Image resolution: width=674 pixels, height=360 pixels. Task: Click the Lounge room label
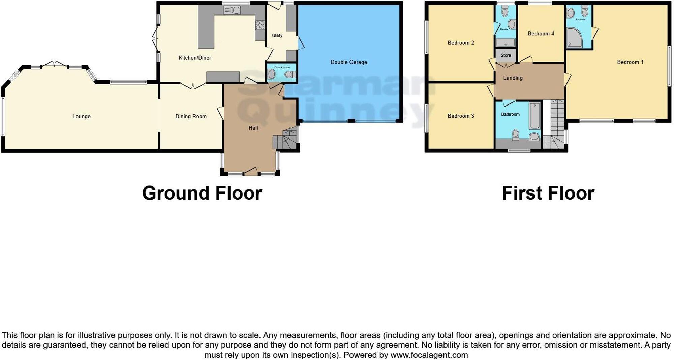[x=81, y=116]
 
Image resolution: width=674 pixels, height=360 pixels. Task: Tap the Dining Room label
[x=191, y=116]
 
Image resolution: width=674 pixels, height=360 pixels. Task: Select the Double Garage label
[x=348, y=62]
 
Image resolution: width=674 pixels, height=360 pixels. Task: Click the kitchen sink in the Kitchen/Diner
[x=232, y=10]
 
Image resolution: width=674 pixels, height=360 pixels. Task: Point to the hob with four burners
[x=260, y=25]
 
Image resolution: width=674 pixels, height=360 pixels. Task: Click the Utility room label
[x=277, y=35]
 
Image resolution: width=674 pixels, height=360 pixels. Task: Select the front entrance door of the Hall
[x=251, y=172]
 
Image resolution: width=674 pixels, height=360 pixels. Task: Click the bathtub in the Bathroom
[x=534, y=116]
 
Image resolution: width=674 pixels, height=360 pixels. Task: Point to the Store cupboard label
[x=506, y=55]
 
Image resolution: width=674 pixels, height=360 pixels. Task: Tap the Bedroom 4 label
[x=541, y=33]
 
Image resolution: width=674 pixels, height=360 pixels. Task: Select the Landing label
[x=513, y=78]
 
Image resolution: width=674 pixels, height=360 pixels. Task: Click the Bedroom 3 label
[x=460, y=116]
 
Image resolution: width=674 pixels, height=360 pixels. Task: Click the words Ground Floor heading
[x=202, y=193]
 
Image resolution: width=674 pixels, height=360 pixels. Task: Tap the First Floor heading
[x=548, y=193]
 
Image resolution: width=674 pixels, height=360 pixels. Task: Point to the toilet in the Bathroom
[x=516, y=134]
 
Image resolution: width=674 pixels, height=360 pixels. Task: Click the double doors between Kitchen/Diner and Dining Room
[x=193, y=85]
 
